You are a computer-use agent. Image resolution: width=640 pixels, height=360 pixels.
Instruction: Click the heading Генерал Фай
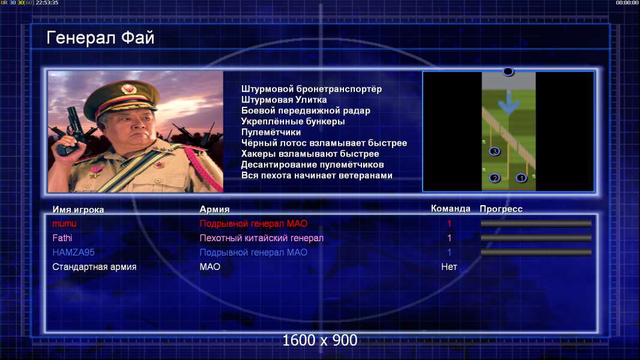click(x=100, y=38)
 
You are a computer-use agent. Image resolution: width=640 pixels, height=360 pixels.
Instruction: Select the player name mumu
click(x=64, y=223)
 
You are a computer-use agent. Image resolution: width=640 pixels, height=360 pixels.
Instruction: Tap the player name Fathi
click(x=62, y=238)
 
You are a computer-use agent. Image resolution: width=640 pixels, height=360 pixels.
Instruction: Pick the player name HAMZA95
click(x=73, y=253)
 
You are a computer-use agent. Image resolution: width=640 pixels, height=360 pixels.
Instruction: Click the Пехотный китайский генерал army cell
click(x=261, y=238)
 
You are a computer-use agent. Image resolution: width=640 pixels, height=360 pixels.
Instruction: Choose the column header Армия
click(x=214, y=209)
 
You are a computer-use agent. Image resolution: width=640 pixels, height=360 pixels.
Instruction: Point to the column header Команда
click(x=451, y=209)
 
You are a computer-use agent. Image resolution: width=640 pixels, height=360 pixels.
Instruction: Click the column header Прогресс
click(x=501, y=209)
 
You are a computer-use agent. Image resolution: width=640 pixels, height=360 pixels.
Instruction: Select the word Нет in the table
click(x=449, y=267)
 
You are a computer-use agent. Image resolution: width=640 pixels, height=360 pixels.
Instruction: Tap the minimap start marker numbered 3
click(x=494, y=152)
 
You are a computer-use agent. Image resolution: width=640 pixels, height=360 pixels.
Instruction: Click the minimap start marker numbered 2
click(x=495, y=178)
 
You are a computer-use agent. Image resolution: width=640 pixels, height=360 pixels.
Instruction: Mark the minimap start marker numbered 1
click(x=521, y=178)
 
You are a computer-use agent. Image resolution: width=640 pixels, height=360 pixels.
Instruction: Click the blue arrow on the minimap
click(x=509, y=102)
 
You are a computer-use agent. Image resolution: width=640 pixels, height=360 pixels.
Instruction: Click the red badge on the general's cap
click(x=128, y=88)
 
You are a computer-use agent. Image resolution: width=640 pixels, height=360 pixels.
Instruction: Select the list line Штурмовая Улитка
click(x=283, y=100)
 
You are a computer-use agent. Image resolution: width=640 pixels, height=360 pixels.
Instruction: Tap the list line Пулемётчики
click(x=271, y=133)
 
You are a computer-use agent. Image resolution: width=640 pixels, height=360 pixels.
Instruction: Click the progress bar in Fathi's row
click(x=536, y=238)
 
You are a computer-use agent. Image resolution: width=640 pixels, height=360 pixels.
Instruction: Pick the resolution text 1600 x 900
click(x=319, y=340)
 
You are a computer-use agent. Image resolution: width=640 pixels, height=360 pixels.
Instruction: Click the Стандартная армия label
click(x=94, y=267)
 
